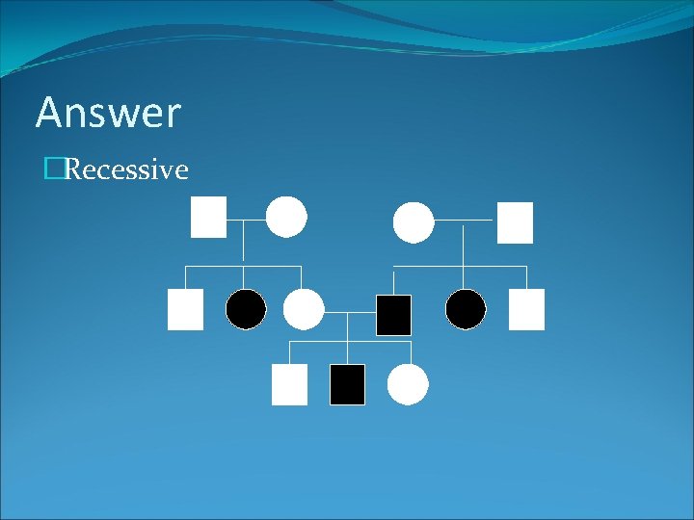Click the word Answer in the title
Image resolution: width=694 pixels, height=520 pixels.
pos(108,113)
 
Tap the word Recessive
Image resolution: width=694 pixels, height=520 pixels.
pos(126,170)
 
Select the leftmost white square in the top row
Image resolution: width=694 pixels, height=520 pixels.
pos(208,217)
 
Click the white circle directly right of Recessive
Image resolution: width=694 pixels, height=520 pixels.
pos(286,217)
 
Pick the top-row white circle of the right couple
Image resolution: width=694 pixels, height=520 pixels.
pos(414,222)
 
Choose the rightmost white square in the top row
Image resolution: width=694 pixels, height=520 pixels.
pos(515,222)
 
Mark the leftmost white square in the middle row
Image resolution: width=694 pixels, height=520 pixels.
pos(185,309)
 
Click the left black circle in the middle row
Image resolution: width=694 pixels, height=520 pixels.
pos(246,309)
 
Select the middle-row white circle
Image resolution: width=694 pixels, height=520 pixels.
pos(304,309)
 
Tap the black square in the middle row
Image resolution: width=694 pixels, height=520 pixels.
pos(393,315)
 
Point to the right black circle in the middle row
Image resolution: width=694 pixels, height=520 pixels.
pos(466,309)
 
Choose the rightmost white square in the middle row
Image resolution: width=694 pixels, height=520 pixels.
pos(526,309)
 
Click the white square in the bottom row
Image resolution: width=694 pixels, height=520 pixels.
pos(289,384)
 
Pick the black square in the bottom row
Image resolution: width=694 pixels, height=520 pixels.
pos(347,384)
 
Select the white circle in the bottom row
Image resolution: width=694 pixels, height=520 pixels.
pos(408,384)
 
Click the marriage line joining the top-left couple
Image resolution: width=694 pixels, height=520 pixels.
pos(247,220)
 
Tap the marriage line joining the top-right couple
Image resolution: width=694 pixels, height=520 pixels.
pos(465,221)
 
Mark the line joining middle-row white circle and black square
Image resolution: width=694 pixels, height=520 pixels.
pos(349,313)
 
